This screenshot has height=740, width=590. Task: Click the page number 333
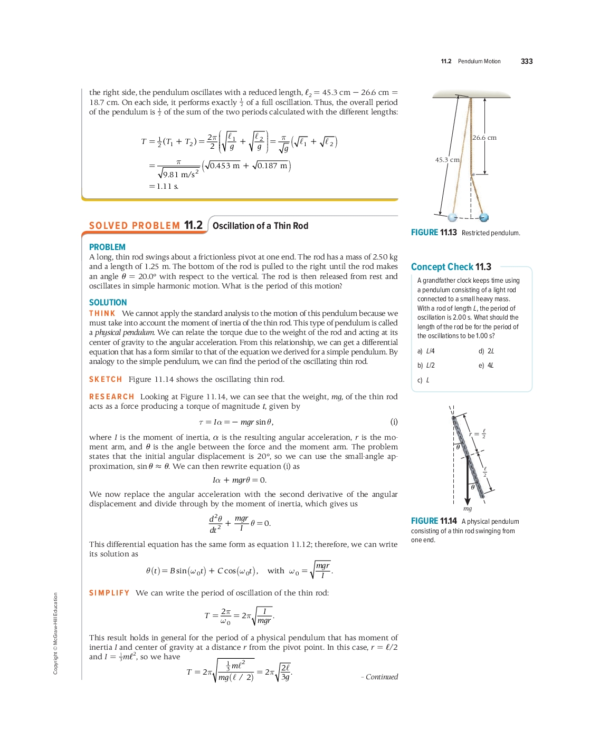click(x=526, y=61)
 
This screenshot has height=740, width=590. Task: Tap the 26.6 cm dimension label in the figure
click(x=484, y=138)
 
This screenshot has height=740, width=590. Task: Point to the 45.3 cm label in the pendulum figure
click(x=447, y=160)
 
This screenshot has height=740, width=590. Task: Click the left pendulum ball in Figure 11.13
click(x=452, y=217)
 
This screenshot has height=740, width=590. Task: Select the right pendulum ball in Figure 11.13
click(x=484, y=217)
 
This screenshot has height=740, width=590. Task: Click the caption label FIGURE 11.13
click(x=434, y=233)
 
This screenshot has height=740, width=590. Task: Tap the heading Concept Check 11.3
click(x=451, y=267)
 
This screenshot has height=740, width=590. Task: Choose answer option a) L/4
click(x=426, y=351)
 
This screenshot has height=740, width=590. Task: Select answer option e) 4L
click(x=486, y=366)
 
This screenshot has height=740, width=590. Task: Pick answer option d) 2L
click(x=486, y=351)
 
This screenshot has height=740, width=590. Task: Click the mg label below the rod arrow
click(x=468, y=509)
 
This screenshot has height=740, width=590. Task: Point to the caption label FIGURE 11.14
click(x=434, y=521)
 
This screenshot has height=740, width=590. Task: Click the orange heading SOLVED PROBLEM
click(x=135, y=226)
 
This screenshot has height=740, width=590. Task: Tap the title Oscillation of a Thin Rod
click(x=260, y=226)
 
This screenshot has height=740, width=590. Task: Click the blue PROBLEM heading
click(x=107, y=247)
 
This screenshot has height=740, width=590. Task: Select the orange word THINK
click(x=102, y=313)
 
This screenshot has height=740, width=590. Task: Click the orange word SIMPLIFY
click(x=109, y=593)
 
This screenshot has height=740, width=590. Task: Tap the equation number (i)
click(x=394, y=422)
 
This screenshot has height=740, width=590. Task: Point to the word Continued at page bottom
click(x=382, y=677)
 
